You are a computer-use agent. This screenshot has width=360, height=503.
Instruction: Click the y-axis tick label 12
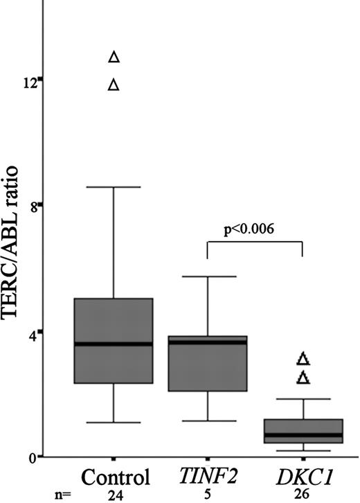pos(28,80)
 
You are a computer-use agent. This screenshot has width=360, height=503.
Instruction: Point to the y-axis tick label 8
pos(33,206)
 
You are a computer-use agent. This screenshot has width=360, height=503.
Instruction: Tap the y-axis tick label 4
pos(33,331)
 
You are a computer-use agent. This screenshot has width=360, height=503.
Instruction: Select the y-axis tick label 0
pos(33,457)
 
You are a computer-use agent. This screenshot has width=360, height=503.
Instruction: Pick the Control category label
pos(116,477)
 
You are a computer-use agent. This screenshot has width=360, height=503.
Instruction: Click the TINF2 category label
pos(208,477)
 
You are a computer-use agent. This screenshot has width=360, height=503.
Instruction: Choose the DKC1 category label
pos(303,477)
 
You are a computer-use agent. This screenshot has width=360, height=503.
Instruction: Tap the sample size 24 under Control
pos(115,495)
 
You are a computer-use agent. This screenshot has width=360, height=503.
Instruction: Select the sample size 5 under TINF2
pos(208,495)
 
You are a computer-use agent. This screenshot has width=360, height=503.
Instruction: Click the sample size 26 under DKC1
pos(303,495)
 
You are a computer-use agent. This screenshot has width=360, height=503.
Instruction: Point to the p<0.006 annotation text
pos(256,230)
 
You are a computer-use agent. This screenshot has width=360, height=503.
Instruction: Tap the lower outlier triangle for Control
pos(115,85)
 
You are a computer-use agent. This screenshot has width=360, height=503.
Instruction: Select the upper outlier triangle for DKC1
pos(303,359)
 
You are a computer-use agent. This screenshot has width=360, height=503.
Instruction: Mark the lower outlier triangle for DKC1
pos(303,378)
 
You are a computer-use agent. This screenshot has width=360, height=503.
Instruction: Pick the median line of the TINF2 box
pos(208,342)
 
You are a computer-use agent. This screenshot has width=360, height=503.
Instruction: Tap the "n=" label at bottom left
pos(64,495)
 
